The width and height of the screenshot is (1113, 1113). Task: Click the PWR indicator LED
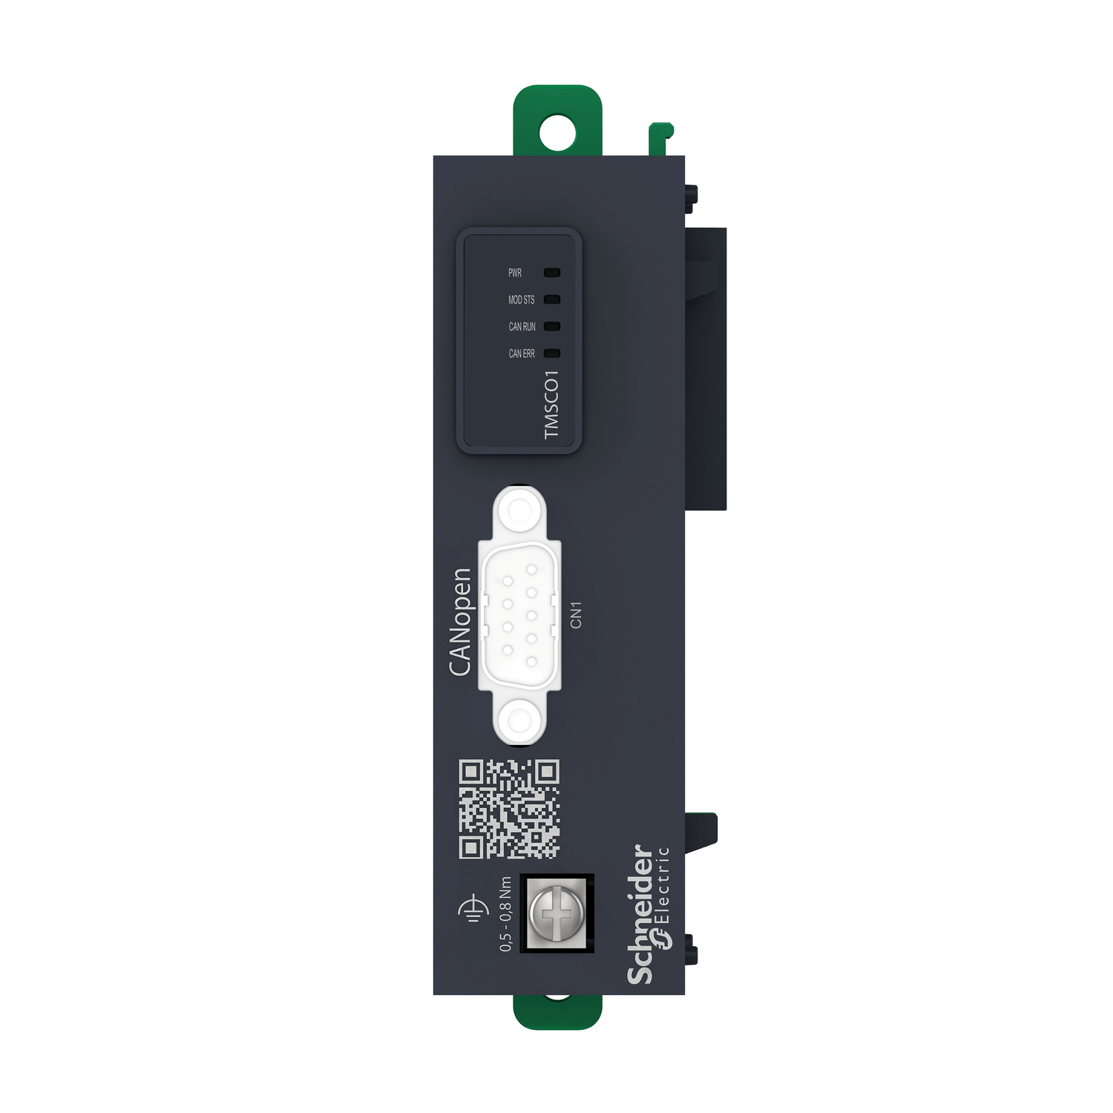552,273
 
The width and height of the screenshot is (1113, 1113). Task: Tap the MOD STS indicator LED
552,300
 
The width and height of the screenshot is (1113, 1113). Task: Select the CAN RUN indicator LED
552,326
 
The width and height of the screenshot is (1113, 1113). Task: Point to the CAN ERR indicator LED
552,353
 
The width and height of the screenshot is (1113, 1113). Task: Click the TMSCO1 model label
551,404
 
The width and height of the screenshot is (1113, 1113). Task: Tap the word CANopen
461,622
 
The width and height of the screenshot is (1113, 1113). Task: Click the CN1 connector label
577,615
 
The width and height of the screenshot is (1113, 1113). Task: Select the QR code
509,809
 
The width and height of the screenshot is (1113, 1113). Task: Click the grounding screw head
556,913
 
